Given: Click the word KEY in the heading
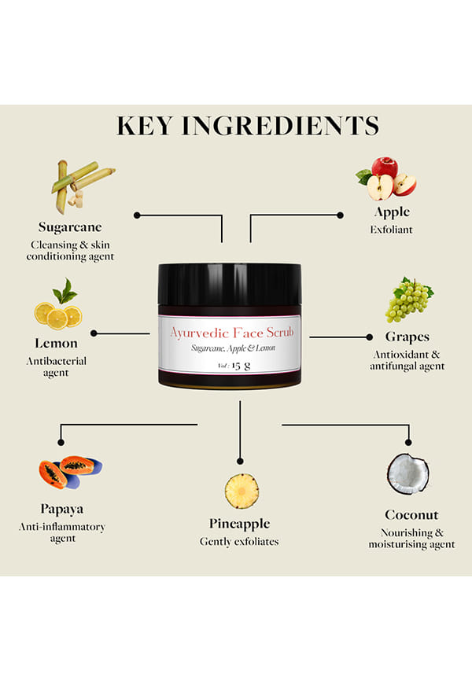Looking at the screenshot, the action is pos(144,126).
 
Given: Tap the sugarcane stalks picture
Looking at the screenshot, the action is pos(83,186).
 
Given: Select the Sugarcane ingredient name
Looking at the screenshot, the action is pos(70,227).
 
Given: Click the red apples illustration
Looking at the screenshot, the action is pos(386,179).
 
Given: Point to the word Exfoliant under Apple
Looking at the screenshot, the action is pos(391,230).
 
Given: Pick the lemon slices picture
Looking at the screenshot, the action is pos(59,304).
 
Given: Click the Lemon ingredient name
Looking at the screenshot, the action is pos(56,343).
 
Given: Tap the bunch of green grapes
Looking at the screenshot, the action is pos(409,300).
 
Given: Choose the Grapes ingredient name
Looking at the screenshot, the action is pos(407,337).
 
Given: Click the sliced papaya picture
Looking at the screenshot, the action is pos(71,472).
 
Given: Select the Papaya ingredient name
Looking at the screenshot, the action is pos(61,509).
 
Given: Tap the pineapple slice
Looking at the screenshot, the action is pos(242,491).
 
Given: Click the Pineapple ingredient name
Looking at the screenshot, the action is pos(239,524).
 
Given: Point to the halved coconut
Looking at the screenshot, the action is pos(407,474).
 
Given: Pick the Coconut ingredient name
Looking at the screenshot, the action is pos(411,514).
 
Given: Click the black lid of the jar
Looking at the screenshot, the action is pos(230,284).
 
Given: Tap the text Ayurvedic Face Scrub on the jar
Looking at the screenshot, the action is pos(231,333).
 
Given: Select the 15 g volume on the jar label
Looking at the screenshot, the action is pos(241,365).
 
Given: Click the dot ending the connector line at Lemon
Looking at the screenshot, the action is pos(94,333).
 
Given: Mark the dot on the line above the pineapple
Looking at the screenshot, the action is pos(240,461).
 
